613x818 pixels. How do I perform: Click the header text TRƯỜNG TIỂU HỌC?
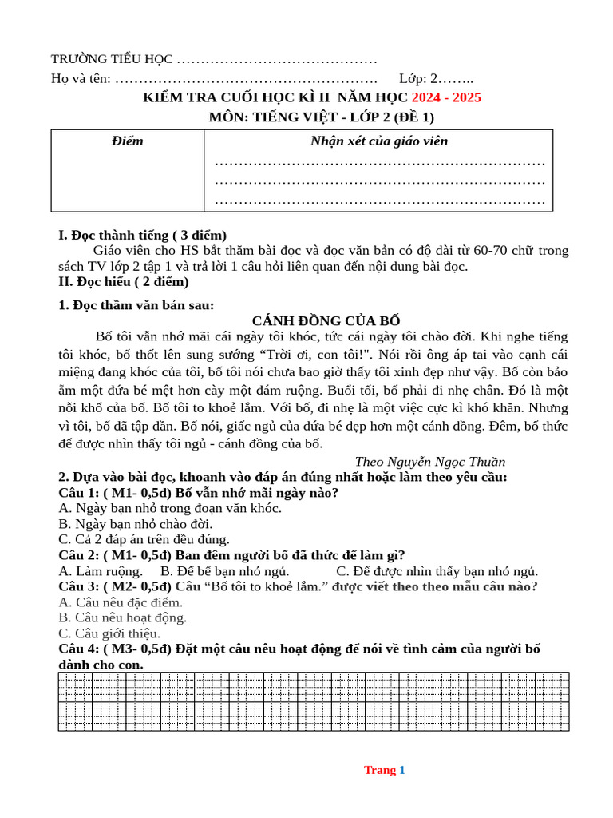111,59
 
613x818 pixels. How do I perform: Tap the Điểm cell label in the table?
128,141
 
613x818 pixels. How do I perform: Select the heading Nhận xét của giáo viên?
378,141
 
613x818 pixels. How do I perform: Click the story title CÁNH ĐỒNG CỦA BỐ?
315,320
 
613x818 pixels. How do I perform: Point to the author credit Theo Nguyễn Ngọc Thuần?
429,462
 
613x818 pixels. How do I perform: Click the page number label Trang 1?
385,770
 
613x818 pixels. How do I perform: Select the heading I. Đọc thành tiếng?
143,235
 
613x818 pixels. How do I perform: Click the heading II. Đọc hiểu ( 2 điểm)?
124,281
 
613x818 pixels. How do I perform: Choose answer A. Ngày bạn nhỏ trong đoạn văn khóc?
170,508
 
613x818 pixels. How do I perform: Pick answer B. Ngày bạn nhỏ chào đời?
136,524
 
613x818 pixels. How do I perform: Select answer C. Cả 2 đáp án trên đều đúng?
144,539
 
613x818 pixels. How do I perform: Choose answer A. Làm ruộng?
101,570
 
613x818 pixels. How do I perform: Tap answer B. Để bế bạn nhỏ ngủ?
224,570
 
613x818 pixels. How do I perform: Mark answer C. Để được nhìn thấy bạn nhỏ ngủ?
437,570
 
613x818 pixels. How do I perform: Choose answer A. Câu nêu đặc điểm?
121,602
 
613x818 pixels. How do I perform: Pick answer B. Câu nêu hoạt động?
123,617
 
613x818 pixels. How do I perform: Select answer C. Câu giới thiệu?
109,633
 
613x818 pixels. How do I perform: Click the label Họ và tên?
81,79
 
